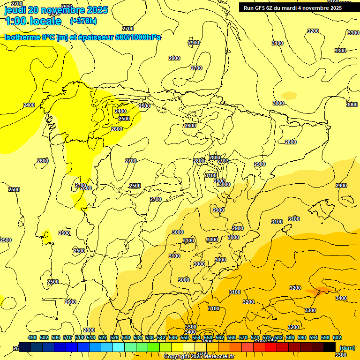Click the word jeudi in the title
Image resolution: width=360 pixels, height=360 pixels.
coord(15,10)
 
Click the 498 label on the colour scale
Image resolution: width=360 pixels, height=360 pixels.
coord(32,337)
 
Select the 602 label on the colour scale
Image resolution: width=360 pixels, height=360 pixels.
coord(337,337)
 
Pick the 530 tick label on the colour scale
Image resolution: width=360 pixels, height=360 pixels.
coord(126,337)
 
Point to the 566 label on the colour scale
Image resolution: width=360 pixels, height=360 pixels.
coord(232,337)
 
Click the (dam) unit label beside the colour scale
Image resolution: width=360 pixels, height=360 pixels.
coord(347,347)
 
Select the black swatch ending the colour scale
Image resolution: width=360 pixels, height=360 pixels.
coord(329,347)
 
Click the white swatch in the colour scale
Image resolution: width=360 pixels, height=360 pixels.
coord(188,347)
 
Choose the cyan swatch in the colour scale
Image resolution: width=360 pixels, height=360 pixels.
coord(118,347)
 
